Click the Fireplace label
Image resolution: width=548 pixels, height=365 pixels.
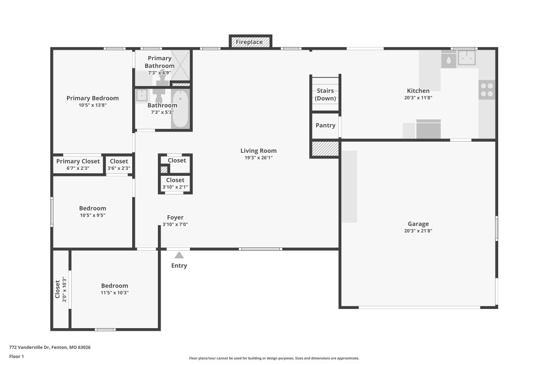coord(249,42)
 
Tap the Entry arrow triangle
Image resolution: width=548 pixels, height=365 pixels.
coord(179,255)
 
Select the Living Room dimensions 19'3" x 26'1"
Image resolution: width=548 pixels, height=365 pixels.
coord(258,158)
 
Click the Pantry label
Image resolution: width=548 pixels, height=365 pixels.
coord(325,125)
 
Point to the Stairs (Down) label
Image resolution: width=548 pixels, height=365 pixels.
coord(325,95)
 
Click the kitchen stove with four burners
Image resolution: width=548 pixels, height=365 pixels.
coord(487,90)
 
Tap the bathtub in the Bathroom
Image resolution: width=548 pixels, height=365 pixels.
coord(180,109)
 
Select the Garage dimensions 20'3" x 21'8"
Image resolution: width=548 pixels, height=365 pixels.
coord(418,231)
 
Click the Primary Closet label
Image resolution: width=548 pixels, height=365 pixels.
coord(78,161)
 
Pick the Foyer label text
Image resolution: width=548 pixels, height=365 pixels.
coord(175,218)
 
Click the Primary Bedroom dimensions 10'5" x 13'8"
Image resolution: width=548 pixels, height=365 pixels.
coord(93,105)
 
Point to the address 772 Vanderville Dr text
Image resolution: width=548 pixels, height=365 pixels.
coord(30,347)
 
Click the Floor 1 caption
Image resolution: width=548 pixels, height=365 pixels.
coord(17,356)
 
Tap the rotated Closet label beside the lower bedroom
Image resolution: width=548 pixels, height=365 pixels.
coord(57,289)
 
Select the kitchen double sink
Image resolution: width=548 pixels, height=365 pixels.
coord(467,58)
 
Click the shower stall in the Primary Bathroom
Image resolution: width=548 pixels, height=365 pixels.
coord(181,65)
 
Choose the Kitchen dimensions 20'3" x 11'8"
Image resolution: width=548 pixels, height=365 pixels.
coord(418,98)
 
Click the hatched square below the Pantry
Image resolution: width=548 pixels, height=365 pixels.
coord(325,149)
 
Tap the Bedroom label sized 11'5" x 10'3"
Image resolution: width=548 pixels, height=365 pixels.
coord(115,285)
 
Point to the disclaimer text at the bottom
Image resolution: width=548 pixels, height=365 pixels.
coord(274,358)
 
